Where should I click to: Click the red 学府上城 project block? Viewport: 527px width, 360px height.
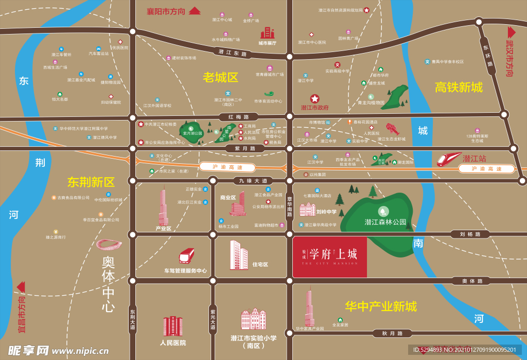click(x=329, y=257)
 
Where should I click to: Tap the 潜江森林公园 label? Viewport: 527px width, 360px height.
click(x=385, y=222)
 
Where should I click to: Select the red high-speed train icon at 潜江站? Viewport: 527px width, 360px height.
click(x=449, y=159)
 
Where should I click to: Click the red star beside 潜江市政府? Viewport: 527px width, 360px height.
click(x=314, y=98)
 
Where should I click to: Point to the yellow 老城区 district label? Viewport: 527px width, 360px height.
click(x=220, y=78)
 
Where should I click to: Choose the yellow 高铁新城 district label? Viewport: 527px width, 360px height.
click(x=459, y=87)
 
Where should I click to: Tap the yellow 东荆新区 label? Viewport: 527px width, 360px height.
click(x=91, y=182)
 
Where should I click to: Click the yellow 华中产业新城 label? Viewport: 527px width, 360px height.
click(x=381, y=306)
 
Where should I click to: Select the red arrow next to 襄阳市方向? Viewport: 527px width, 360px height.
click(x=194, y=10)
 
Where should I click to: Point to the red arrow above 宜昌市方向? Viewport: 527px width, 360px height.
click(x=21, y=286)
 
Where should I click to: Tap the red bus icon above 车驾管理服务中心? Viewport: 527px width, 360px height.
click(x=186, y=255)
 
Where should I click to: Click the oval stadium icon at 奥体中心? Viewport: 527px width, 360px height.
click(x=109, y=245)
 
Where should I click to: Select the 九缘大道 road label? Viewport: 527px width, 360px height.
click(x=250, y=181)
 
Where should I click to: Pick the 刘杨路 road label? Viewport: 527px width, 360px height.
click(x=470, y=234)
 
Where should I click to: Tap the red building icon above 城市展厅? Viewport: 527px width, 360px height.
click(x=267, y=33)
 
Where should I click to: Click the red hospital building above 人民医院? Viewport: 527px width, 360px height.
click(x=173, y=327)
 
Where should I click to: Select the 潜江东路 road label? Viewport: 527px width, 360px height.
click(x=232, y=53)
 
